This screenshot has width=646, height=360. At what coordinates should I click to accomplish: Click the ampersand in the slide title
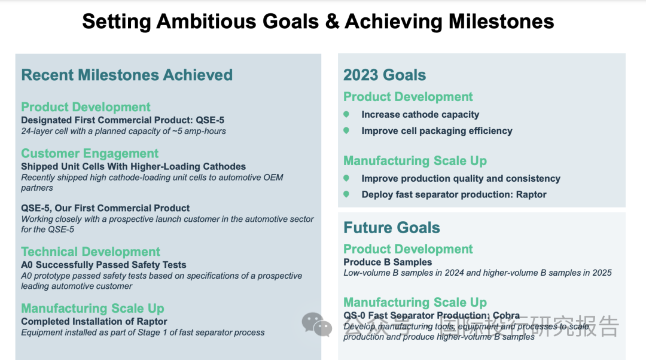pyautogui.click(x=332, y=22)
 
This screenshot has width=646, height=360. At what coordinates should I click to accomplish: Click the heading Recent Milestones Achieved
pyautogui.click(x=127, y=75)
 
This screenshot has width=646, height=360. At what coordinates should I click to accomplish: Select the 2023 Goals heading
pyautogui.click(x=385, y=75)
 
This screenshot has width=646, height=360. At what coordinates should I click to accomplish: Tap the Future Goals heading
pyautogui.click(x=391, y=227)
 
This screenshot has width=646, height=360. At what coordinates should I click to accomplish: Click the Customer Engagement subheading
pyautogui.click(x=90, y=154)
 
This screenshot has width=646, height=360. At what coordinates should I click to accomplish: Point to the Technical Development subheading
pyautogui.click(x=91, y=252)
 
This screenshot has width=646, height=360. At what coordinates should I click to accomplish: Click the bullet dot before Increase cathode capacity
pyautogui.click(x=346, y=114)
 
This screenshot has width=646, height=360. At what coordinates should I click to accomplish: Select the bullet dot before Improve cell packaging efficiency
pyautogui.click(x=346, y=130)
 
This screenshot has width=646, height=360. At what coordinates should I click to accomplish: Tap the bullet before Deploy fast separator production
pyautogui.click(x=346, y=194)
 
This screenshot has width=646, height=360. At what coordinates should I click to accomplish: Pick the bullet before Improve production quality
pyautogui.click(x=346, y=178)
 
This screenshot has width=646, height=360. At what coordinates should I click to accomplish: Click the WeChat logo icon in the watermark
pyautogui.click(x=317, y=324)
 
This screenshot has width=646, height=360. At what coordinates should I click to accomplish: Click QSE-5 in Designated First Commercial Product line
pyautogui.click(x=210, y=120)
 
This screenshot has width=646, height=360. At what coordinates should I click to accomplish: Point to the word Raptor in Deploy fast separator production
pyautogui.click(x=531, y=194)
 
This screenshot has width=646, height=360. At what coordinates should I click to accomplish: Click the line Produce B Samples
pyautogui.click(x=388, y=263)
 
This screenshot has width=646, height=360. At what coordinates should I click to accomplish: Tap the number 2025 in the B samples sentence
pyautogui.click(x=602, y=273)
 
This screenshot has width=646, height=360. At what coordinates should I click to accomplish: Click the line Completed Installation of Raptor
pyautogui.click(x=94, y=322)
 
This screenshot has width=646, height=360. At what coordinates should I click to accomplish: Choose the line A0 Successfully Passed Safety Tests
pyautogui.click(x=104, y=265)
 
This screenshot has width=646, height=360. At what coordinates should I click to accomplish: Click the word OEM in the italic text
pyautogui.click(x=273, y=178)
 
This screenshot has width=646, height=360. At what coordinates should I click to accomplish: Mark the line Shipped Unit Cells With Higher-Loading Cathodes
pyautogui.click(x=133, y=167)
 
